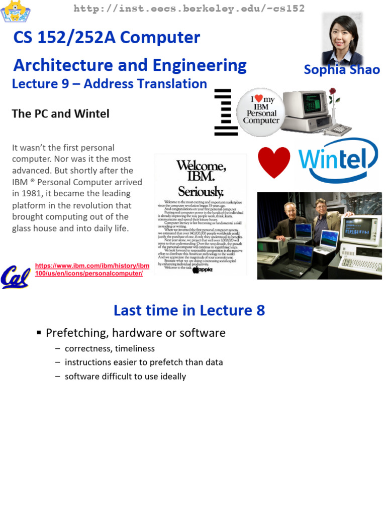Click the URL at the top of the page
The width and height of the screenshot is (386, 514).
[x=189, y=9]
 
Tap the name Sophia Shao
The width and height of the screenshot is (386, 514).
[x=341, y=69]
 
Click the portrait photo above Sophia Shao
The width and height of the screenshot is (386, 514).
[x=342, y=38]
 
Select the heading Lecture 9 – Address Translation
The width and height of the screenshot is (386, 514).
[x=110, y=84]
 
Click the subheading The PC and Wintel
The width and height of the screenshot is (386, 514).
[x=60, y=113]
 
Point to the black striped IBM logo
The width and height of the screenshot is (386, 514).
[x=223, y=112]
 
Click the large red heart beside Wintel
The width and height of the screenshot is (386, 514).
[x=274, y=162]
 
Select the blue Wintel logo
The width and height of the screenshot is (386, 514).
[x=338, y=160]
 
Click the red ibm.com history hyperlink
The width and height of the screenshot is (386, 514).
[x=92, y=269]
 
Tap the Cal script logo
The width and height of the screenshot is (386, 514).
[x=15, y=277]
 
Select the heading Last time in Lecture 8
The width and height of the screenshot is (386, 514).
[x=189, y=310]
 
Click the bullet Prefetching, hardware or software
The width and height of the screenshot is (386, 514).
[x=135, y=333]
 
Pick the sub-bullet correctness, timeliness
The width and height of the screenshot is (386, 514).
[x=110, y=348]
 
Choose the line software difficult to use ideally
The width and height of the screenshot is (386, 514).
[x=125, y=376]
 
